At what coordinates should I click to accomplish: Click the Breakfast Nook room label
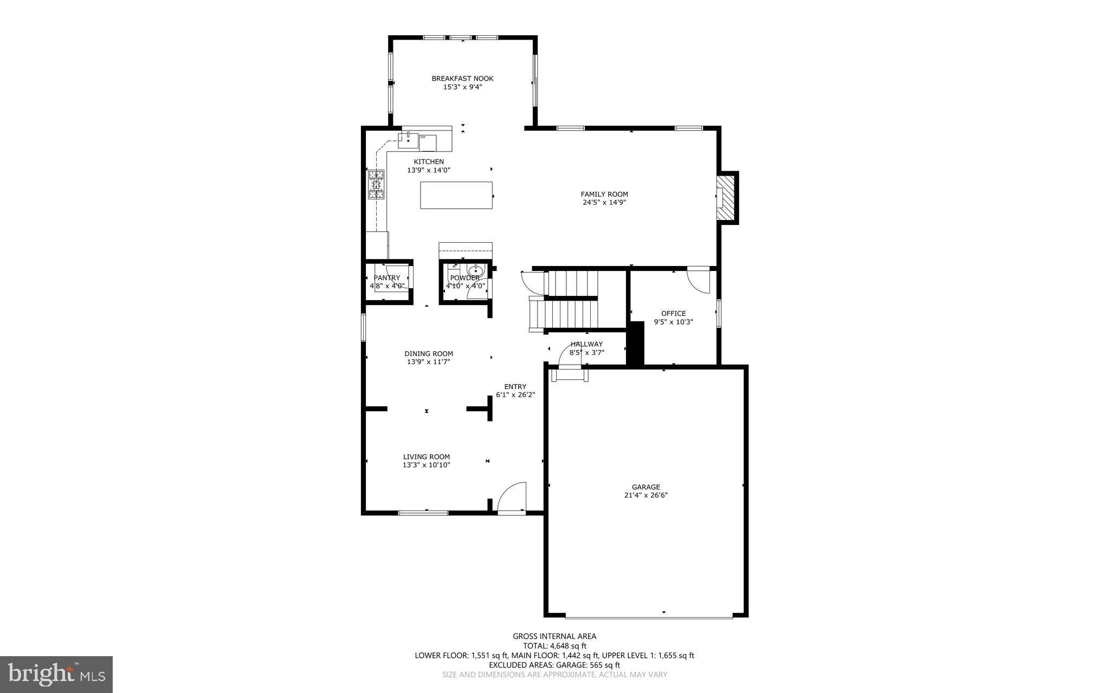coord(462,79)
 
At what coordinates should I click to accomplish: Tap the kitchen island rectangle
coord(456,195)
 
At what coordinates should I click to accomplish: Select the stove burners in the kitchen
coord(376,184)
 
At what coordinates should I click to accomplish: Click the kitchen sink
coord(408,140)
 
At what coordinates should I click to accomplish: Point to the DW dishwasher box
coord(427,143)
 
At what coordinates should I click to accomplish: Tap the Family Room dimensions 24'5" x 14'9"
coord(604,203)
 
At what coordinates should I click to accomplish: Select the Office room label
coord(673,313)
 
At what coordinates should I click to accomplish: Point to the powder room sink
coord(475,270)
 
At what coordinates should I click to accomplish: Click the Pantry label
coord(386,278)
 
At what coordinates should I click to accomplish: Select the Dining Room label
coord(428,354)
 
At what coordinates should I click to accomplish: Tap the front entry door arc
coord(512,496)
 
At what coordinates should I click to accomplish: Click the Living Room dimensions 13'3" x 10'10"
coord(426,465)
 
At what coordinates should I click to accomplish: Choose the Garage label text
coord(646,487)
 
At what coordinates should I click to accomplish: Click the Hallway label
coord(586,344)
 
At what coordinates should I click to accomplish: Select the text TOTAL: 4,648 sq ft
coord(554,646)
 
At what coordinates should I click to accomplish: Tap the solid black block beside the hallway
coord(635,344)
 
